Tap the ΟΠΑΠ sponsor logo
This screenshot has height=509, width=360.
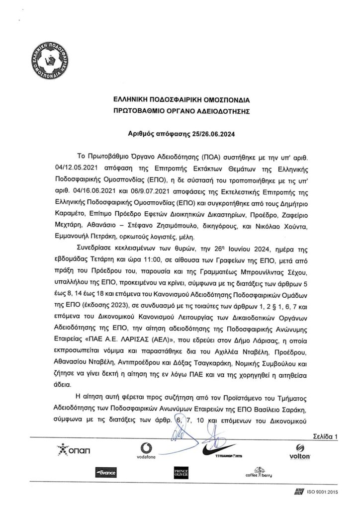point(75,451)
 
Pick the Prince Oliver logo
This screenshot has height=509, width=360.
point(179,473)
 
